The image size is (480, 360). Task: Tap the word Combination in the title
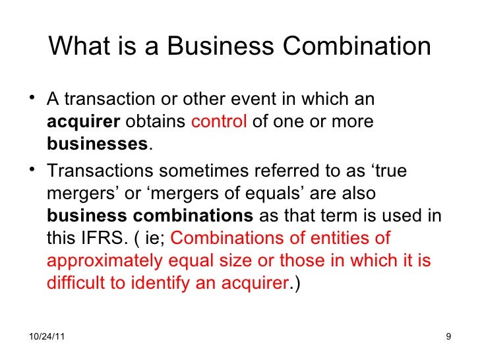[355, 47]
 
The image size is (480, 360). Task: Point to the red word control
[220, 123]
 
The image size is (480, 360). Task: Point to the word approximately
[104, 260]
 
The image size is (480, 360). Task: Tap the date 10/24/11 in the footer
[48, 338]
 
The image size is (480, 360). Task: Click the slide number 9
[448, 338]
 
